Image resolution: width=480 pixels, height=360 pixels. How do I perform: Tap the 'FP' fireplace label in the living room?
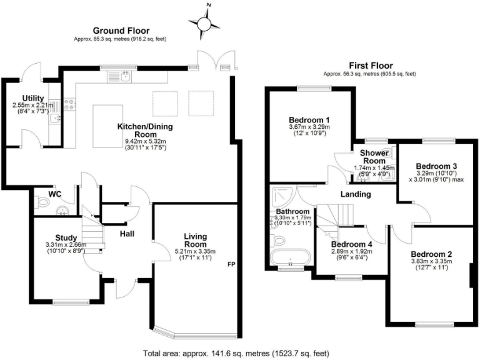230,264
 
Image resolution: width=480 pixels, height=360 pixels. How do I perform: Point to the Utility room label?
32,98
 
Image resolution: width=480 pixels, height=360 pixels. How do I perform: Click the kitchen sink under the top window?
126,77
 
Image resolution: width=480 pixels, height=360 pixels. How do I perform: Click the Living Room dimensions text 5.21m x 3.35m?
195,251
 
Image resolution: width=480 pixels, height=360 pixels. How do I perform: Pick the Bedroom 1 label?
309,119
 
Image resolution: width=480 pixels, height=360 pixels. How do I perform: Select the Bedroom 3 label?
436,166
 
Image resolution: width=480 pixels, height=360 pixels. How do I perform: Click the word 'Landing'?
356,194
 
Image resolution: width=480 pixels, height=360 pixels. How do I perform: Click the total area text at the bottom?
239,352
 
